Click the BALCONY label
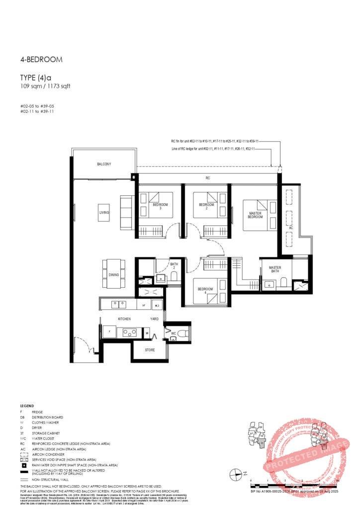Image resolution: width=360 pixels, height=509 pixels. click(x=104, y=164)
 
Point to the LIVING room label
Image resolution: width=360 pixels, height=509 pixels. click(x=104, y=212)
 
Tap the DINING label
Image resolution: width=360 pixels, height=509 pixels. click(x=114, y=275)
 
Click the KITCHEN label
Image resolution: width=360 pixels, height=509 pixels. click(x=124, y=319)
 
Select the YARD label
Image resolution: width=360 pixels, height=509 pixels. click(x=155, y=319)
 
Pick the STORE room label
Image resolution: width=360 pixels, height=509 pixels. click(x=150, y=350)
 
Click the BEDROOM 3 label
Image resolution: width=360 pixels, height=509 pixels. click(x=160, y=206)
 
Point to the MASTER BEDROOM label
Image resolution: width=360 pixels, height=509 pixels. click(x=255, y=215)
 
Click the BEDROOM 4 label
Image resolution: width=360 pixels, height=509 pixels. click(x=205, y=291)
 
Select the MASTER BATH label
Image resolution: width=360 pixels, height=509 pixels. click(x=275, y=269)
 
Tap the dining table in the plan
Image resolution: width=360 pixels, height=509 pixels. click(x=114, y=274)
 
